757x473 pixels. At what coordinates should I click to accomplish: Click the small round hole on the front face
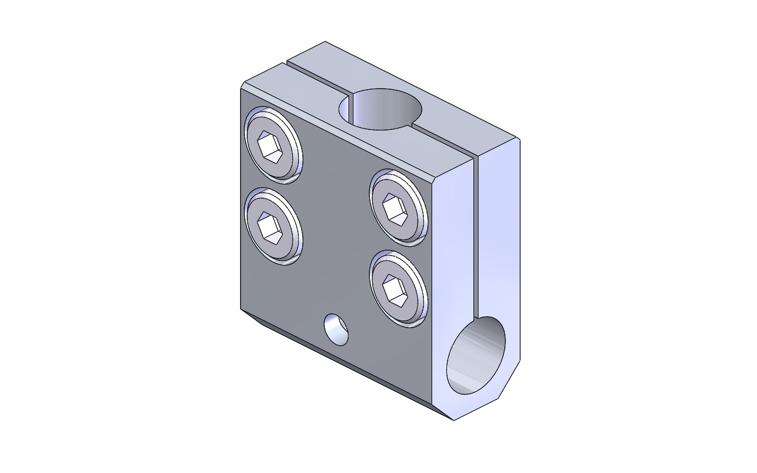(x=336, y=329)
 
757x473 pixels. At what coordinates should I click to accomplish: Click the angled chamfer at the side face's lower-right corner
(x=510, y=380)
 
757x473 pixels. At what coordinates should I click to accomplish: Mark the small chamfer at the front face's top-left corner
(x=242, y=85)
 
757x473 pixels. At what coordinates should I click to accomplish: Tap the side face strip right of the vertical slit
(x=498, y=231)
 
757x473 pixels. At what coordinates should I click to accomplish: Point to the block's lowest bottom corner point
(x=454, y=420)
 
